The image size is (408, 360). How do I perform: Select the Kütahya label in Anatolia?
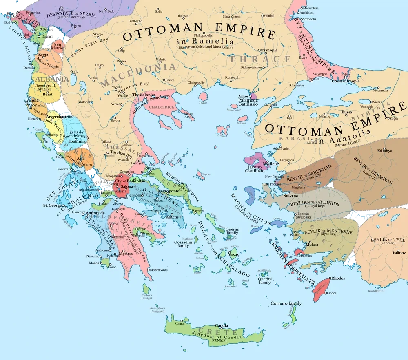pos(385,151)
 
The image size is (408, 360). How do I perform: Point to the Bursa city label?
pos(347,112)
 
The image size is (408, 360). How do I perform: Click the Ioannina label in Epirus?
pos(77,141)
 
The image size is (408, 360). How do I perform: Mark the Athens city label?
pos(172,216)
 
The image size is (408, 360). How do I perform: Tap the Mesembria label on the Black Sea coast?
pos(311,8)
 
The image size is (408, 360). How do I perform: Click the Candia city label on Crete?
pos(222,325)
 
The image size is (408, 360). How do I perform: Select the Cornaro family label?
pos(286,303)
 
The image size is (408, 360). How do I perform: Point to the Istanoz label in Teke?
pos(399,253)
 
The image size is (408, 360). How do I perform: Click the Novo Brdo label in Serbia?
pos(107,11)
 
